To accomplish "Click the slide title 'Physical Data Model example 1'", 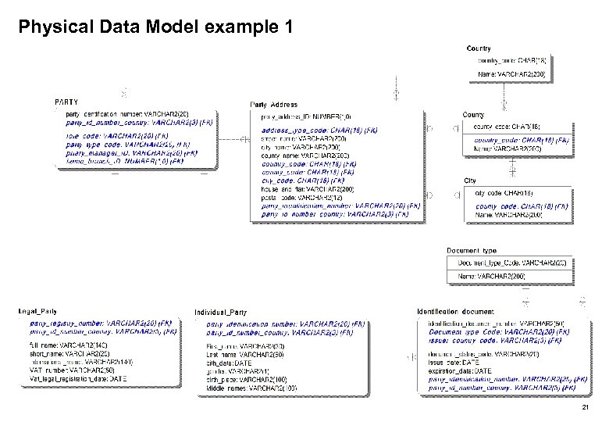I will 155,28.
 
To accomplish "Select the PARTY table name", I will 66,102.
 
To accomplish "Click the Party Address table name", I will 273,104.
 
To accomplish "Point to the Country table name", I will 479,48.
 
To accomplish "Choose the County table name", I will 473,115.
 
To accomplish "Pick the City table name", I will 470,181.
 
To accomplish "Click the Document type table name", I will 471,250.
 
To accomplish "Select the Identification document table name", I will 456,311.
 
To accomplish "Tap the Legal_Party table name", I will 40,311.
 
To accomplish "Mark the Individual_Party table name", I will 221,312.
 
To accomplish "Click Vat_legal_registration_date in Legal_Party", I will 77,378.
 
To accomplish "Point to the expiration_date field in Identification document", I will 461,370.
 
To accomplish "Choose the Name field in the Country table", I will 511,75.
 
